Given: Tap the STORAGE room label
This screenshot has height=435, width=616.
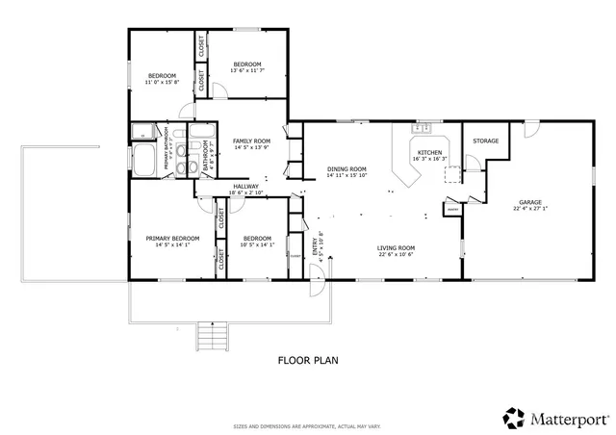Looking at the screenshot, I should pyautogui.click(x=485, y=141).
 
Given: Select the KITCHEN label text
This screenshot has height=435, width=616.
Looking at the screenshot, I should pyautogui.click(x=429, y=153).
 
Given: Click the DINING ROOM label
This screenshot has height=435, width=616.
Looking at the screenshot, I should pyautogui.click(x=346, y=168).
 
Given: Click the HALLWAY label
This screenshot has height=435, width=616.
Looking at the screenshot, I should pyautogui.click(x=244, y=187).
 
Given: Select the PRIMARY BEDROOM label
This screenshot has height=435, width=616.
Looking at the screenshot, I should pyautogui.click(x=172, y=239).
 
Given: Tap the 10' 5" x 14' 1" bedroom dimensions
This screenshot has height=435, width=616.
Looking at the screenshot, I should pyautogui.click(x=257, y=244).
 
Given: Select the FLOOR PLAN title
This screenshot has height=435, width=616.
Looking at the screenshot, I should pyautogui.click(x=307, y=361).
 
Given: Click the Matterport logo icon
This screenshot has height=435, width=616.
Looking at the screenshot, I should pyautogui.click(x=512, y=418).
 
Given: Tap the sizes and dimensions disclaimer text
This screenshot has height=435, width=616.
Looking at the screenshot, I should pyautogui.click(x=307, y=425).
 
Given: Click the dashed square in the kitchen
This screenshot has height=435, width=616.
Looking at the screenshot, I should pyautogui.click(x=449, y=173).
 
